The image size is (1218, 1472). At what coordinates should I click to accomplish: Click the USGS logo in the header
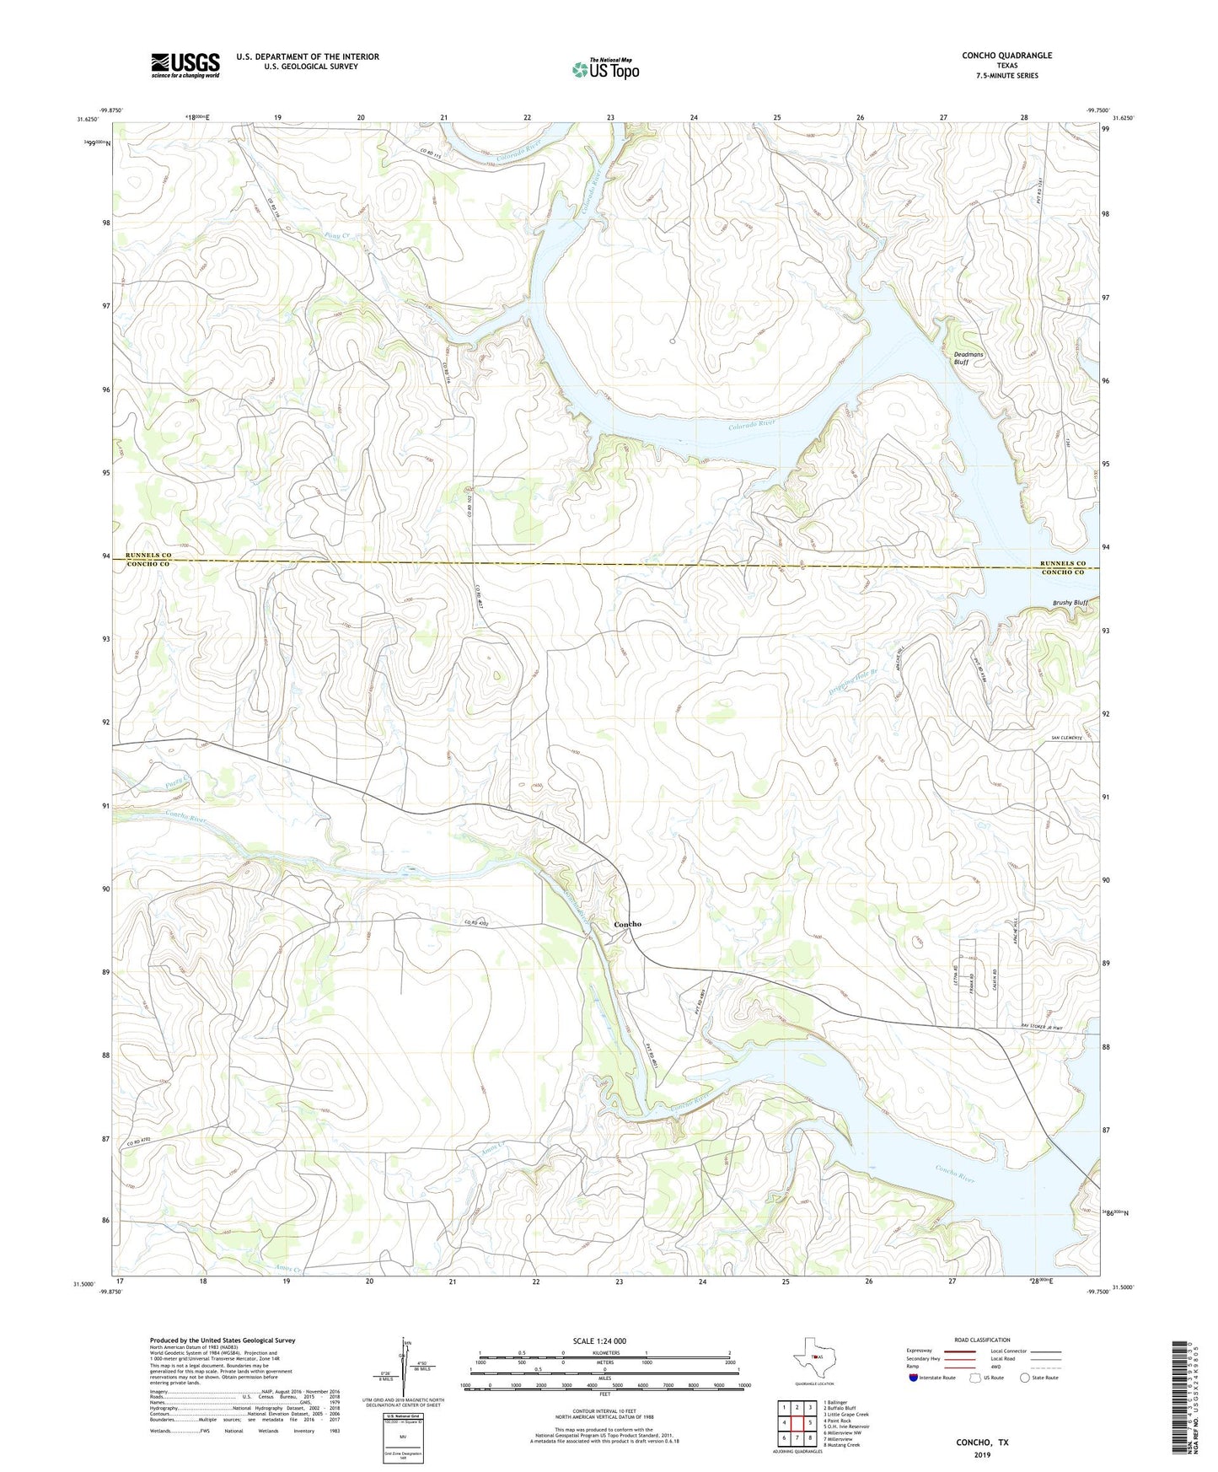click(185, 65)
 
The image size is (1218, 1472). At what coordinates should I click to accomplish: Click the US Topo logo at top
click(605, 69)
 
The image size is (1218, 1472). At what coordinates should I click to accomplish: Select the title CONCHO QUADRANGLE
click(1006, 56)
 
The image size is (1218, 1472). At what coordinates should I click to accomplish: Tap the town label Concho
click(627, 924)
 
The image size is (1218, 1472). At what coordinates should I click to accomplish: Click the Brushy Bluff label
click(1070, 603)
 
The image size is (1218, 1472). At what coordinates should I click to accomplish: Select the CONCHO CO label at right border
click(1062, 572)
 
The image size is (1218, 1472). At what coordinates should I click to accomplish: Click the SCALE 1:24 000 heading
click(604, 1341)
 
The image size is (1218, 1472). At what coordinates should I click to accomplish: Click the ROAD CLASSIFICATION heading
click(982, 1340)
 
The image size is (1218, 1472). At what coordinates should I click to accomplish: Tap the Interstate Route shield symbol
click(914, 1378)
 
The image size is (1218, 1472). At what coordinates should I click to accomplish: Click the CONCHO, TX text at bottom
click(981, 1442)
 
